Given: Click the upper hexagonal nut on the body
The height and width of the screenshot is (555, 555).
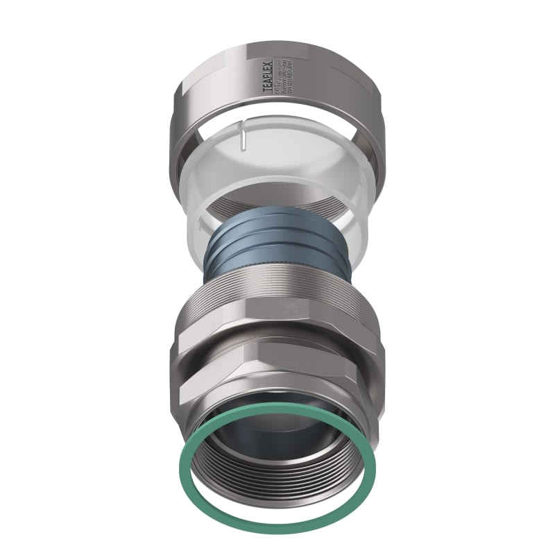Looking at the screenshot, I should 277,319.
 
